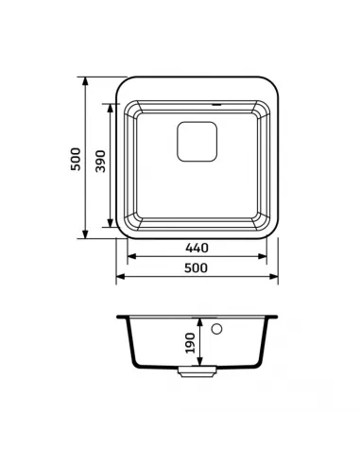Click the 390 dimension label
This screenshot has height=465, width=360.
pyautogui.click(x=100, y=161)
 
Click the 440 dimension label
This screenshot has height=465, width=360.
pyautogui.click(x=197, y=248)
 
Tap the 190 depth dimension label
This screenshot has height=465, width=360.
pyautogui.click(x=191, y=343)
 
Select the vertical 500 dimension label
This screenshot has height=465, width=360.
pyautogui.click(x=76, y=159)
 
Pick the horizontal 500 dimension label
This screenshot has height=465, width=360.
pyautogui.click(x=196, y=268)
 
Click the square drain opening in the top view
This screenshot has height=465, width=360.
pyautogui.click(x=197, y=142)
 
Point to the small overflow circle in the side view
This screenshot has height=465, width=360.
pyautogui.click(x=216, y=329)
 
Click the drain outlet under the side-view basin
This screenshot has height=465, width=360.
pyautogui.click(x=197, y=371)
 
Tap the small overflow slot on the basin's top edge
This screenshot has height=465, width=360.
pyautogui.click(x=216, y=104)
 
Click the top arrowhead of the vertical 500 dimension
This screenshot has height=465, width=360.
pyautogui.click(x=85, y=80)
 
